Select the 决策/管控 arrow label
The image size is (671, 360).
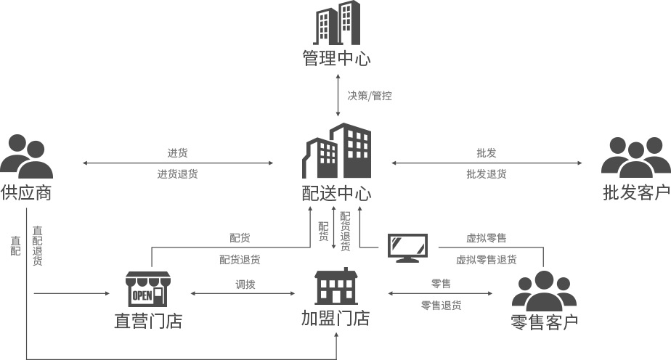click(370, 95)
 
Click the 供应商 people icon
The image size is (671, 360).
click(26, 156)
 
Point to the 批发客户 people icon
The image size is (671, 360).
click(635, 156)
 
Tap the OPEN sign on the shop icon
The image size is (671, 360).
click(142, 295)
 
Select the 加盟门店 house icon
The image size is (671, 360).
click(336, 287)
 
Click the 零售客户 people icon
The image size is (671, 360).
click(543, 291)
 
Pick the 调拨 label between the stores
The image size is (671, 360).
click(245, 285)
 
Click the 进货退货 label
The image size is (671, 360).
click(177, 174)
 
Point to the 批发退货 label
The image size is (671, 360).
click(487, 174)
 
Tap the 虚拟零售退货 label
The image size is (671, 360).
click(487, 259)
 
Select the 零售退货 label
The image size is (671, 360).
click(441, 306)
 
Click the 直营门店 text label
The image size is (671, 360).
click(148, 321)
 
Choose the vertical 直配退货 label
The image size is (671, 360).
click(38, 246)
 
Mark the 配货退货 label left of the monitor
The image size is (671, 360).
click(240, 259)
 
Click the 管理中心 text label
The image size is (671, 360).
click(336, 58)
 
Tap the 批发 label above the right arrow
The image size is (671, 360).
click(487, 153)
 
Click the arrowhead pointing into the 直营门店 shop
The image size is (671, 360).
click(107, 293)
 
